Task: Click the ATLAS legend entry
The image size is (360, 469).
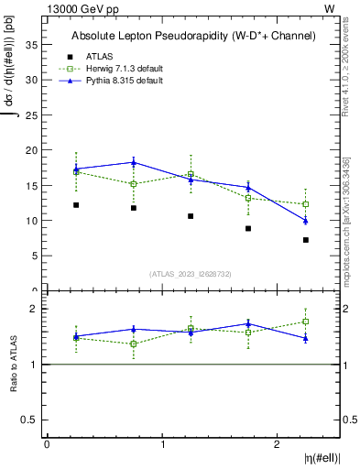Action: [x=100, y=56]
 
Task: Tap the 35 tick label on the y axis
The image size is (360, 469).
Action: [x=34, y=44]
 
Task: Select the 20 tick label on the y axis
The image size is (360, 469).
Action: [x=34, y=150]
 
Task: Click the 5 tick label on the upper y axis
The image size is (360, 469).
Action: [x=37, y=256]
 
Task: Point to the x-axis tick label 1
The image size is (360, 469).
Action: [x=163, y=444]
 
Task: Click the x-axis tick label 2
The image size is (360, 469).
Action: [x=278, y=444]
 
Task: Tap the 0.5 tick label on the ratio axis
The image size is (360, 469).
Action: [x=31, y=420]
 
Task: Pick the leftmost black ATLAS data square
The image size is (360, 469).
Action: [x=76, y=205]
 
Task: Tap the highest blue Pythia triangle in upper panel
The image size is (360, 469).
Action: [x=134, y=162]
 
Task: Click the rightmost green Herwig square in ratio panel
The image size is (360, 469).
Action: [x=306, y=322]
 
